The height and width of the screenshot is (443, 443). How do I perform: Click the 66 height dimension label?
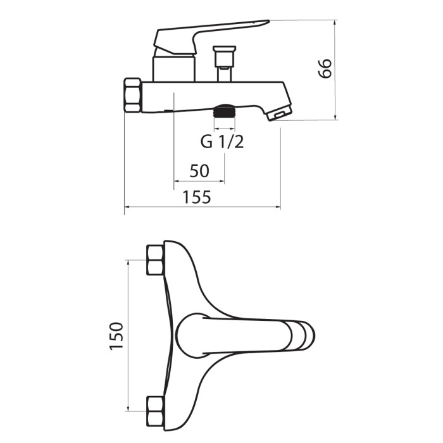pos(325,68)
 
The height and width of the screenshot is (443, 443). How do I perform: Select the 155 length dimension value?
pos(197,197)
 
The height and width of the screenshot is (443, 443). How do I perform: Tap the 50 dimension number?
pos(199,171)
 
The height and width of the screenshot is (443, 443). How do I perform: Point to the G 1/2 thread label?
pos(222,142)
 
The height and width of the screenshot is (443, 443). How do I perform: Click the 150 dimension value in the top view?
pos(116,335)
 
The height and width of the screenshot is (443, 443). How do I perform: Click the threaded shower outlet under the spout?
pos(224,111)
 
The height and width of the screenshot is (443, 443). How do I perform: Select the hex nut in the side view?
pos(132,96)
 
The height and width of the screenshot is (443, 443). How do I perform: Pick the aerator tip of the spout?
pos(279,113)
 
